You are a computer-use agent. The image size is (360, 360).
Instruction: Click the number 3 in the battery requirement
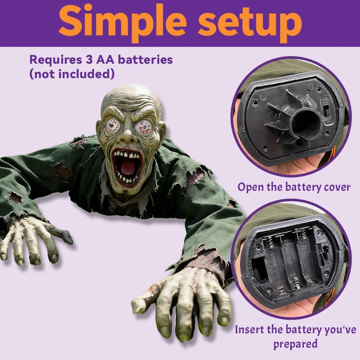coord(89,60)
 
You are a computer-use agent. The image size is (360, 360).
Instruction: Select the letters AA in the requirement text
coord(105,60)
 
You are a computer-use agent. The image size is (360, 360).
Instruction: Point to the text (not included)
coord(72,74)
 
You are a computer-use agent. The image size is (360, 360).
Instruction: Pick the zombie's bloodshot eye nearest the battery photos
coord(143,127)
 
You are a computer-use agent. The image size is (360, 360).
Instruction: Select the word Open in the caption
coord(251,187)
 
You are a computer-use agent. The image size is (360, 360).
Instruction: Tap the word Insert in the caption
coord(249,329)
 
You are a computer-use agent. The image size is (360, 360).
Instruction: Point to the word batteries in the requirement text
coord(145,60)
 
